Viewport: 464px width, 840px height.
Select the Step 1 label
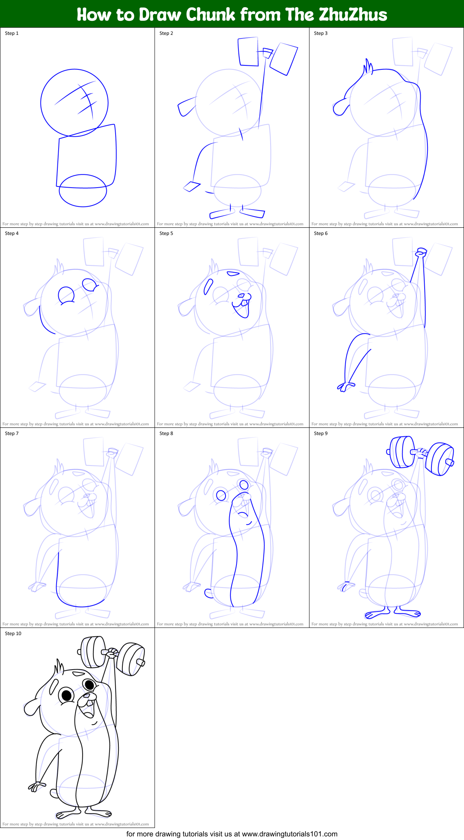[x=12, y=33]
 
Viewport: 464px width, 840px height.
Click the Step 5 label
[x=166, y=233]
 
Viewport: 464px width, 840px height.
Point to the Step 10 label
[x=13, y=634]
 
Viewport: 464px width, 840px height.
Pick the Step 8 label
[x=166, y=433]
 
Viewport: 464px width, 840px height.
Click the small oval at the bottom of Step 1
[x=83, y=191]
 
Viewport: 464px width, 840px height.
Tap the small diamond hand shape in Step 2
[x=192, y=186]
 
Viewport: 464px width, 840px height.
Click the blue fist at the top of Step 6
[x=421, y=252]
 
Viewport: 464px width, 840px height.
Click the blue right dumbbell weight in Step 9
[x=440, y=459]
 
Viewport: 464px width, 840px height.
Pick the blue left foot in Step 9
[x=376, y=614]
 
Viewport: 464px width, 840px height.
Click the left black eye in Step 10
[x=66, y=695]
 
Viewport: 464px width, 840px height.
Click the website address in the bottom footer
[x=290, y=834]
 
